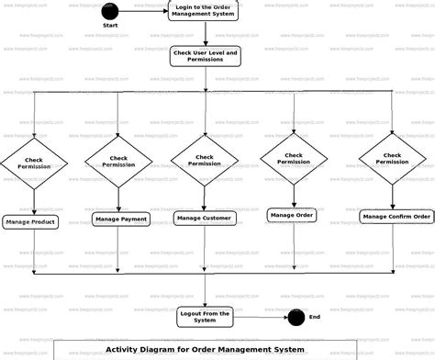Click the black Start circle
coord(109,12)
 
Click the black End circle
coord(296,318)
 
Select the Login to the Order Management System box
coord(205,11)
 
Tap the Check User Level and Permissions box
coord(205,57)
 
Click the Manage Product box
coord(31,221)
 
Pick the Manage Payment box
coord(120,219)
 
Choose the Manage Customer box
coord(205,218)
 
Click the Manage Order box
coord(292,215)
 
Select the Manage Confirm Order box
coord(396,217)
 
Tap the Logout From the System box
coord(205,317)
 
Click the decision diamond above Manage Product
coord(33,163)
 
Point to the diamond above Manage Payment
coord(118,162)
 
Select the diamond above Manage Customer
coord(205,159)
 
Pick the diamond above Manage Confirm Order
coord(393,160)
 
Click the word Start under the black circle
coord(109,27)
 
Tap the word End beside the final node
coord(315,318)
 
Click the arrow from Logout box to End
coord(260,318)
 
